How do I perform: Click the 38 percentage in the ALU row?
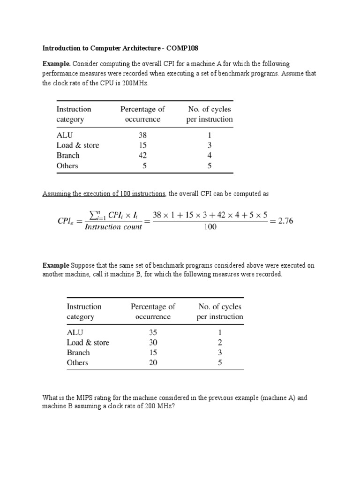[x=143, y=135]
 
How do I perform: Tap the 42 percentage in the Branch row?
[x=143, y=156]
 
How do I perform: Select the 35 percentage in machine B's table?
[x=153, y=332]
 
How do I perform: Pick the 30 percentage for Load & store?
[x=153, y=343]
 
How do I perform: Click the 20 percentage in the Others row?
[x=153, y=363]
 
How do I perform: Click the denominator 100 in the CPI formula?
[x=210, y=228]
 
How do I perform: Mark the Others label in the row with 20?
[x=77, y=363]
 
